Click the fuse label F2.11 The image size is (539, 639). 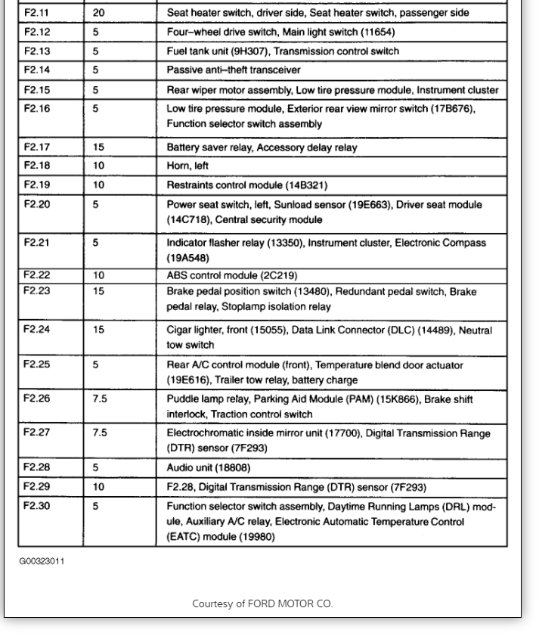click(37, 13)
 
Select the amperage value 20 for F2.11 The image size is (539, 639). click(99, 13)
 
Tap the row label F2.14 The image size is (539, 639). click(37, 70)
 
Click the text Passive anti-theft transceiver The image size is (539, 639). click(234, 70)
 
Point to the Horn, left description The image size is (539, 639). click(187, 166)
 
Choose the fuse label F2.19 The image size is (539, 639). click(37, 185)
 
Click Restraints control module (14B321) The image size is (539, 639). click(247, 185)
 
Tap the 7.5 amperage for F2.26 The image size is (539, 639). click(100, 399)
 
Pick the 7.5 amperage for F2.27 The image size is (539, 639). click(100, 433)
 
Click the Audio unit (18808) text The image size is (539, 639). click(208, 467)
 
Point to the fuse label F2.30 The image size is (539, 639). click(37, 506)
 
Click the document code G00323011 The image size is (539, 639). click(42, 561)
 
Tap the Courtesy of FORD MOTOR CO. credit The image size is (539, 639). click(262, 603)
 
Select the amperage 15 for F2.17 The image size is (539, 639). click(99, 147)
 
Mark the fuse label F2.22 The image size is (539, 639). click(37, 275)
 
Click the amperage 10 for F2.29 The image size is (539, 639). click(99, 487)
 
